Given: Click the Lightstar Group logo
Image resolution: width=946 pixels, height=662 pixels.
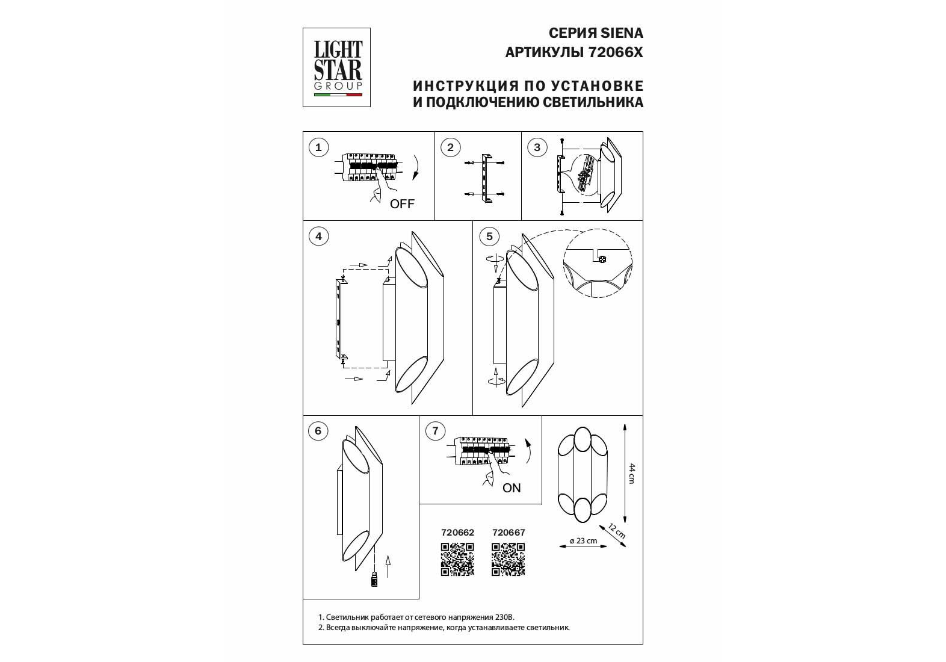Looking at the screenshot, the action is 336,67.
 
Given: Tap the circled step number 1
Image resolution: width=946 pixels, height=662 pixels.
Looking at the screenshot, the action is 318,147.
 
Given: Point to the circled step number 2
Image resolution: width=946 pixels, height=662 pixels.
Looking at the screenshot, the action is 450,147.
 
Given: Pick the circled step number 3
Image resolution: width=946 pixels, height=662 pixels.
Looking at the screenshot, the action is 537,147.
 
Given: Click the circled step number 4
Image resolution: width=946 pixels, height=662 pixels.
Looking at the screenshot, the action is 318,236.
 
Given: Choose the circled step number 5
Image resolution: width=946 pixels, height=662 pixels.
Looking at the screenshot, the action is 489,236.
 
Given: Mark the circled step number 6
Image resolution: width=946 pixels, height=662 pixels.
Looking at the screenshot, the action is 318,430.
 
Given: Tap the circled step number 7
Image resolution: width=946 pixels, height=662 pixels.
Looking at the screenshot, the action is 436,430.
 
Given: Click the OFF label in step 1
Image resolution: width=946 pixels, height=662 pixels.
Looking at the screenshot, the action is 402,204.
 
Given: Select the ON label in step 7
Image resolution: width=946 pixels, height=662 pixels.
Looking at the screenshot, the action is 512,488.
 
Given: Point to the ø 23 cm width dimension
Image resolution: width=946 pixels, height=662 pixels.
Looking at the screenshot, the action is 583,541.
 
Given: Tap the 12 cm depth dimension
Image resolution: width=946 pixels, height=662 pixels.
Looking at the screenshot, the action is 617,531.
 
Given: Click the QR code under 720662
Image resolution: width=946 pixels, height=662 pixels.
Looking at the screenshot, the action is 457,559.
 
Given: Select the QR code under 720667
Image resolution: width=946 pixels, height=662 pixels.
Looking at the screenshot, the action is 509,559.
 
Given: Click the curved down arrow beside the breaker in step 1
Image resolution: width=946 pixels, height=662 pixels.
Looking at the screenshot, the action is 416,168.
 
